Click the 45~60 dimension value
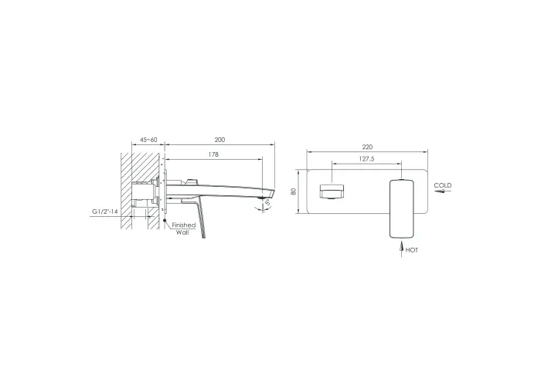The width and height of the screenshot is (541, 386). pos(148,140)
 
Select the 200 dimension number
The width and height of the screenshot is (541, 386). pos(219,140)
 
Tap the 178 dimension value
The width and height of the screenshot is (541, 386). pos(213,154)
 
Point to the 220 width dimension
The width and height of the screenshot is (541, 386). pos(367,147)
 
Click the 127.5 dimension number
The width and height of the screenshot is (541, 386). pos(366,159)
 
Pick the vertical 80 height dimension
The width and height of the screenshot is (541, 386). pos(294,191)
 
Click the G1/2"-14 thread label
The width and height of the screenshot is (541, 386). pos(104,212)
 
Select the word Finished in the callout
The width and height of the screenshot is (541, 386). pos(184,225)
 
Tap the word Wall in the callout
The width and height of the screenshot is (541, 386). pos(182,232)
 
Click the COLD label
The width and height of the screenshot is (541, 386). pos(443,185)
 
